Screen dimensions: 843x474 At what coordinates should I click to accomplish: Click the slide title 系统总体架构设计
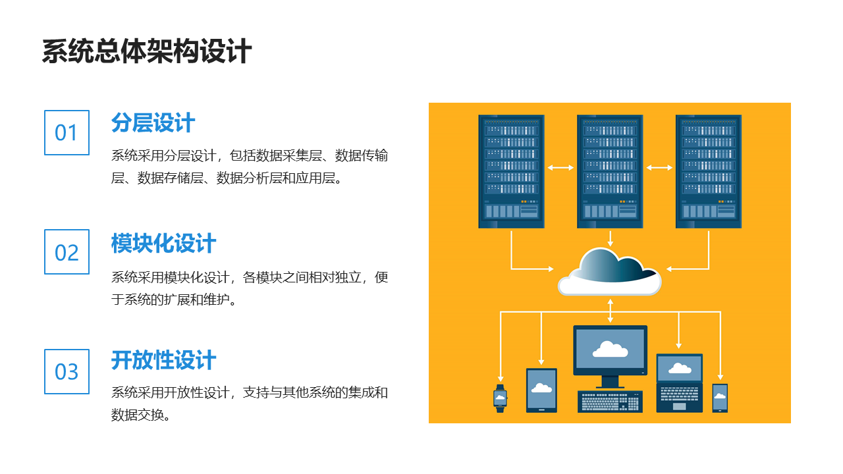pyautogui.click(x=147, y=51)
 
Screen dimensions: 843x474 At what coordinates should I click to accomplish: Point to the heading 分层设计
pyautogui.click(x=153, y=122)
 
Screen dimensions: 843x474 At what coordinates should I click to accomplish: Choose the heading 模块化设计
pyautogui.click(x=163, y=243)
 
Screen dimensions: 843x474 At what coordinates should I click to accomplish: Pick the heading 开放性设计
pyautogui.click(x=163, y=360)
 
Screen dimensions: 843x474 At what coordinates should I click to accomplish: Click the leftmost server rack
pyautogui.click(x=511, y=171)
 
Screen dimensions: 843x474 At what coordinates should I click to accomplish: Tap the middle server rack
pyautogui.click(x=610, y=171)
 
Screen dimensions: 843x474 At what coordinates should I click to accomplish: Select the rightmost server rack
pyautogui.click(x=708, y=171)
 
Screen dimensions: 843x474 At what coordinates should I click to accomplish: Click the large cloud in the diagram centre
pyautogui.click(x=610, y=272)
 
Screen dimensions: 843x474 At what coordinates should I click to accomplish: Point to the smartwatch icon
pyautogui.click(x=500, y=398)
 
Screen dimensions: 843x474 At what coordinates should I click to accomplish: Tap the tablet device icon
pyautogui.click(x=541, y=390)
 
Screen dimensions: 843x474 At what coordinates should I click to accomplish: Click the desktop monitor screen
pyautogui.click(x=610, y=350)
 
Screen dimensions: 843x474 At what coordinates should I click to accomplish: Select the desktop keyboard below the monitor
pyautogui.click(x=610, y=402)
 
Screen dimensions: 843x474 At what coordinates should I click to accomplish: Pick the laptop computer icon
pyautogui.click(x=679, y=383)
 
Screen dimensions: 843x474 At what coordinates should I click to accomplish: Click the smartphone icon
pyautogui.click(x=720, y=398)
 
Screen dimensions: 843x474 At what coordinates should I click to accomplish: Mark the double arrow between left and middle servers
pyautogui.click(x=560, y=168)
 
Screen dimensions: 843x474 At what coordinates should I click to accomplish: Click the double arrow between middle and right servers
pyautogui.click(x=659, y=168)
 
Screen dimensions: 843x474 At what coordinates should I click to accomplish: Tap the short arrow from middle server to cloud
pyautogui.click(x=610, y=238)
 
